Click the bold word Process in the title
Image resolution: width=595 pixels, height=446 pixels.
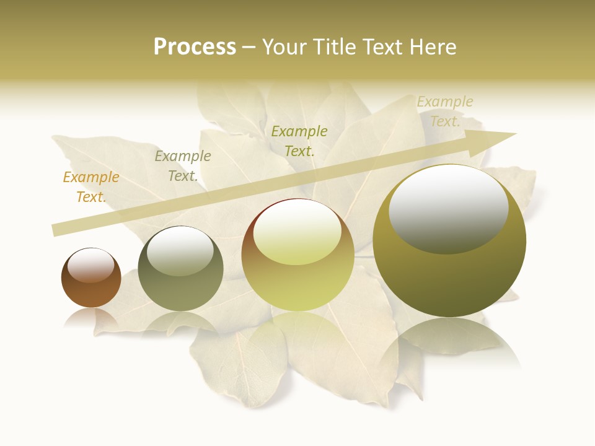point(195,47)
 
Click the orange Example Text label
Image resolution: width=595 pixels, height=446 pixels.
point(90,187)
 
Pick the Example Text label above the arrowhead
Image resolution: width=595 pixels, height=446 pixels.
point(444,111)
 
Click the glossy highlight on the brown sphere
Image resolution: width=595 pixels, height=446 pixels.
point(91,266)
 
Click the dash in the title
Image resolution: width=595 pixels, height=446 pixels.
point(249,48)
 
